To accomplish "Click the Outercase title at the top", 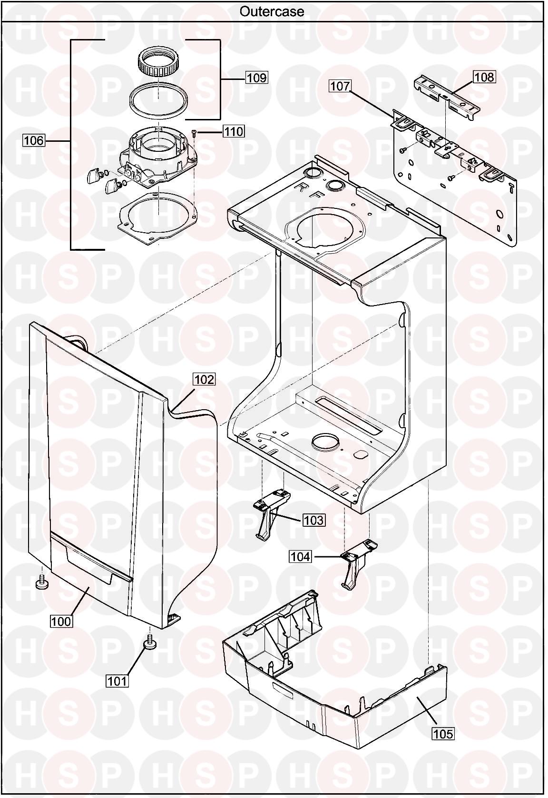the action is [272, 11].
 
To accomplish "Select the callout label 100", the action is [61, 621].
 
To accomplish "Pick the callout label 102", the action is [205, 379].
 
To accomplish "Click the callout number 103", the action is [313, 521].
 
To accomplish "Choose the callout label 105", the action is [443, 734].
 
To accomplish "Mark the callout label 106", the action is [34, 141].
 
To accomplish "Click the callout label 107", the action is [340, 86].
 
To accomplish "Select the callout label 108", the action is [484, 77].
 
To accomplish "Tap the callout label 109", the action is [256, 78].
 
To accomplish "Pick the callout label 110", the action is [234, 132].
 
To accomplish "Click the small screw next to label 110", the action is [194, 133].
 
